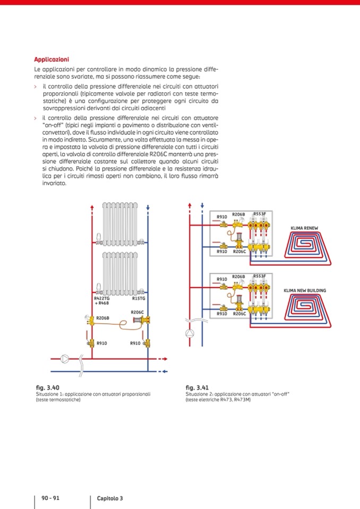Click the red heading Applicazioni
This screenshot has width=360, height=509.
tap(51, 59)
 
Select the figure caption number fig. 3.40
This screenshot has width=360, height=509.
tap(47, 387)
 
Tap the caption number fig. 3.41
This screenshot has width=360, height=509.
tap(196, 387)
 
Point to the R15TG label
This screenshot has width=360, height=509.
tap(138, 299)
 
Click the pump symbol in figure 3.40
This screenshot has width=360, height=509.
tap(65, 359)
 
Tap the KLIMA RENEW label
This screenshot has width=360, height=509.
tap(304, 228)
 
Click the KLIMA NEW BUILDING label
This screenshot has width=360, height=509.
tap(305, 290)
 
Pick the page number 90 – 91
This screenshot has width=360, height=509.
tap(50, 498)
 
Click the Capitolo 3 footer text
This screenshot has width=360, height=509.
tap(110, 498)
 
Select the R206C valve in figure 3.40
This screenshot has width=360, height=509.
tap(144, 320)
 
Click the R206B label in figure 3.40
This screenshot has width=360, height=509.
tap(102, 318)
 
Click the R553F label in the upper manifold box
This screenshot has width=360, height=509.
tap(259, 213)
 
